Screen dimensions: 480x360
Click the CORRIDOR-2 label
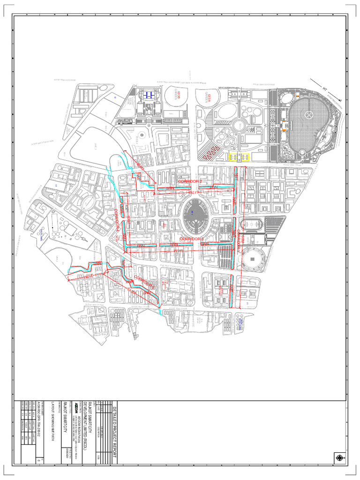190,181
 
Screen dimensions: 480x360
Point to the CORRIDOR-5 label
142,284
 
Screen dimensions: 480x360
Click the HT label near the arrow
324,87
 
